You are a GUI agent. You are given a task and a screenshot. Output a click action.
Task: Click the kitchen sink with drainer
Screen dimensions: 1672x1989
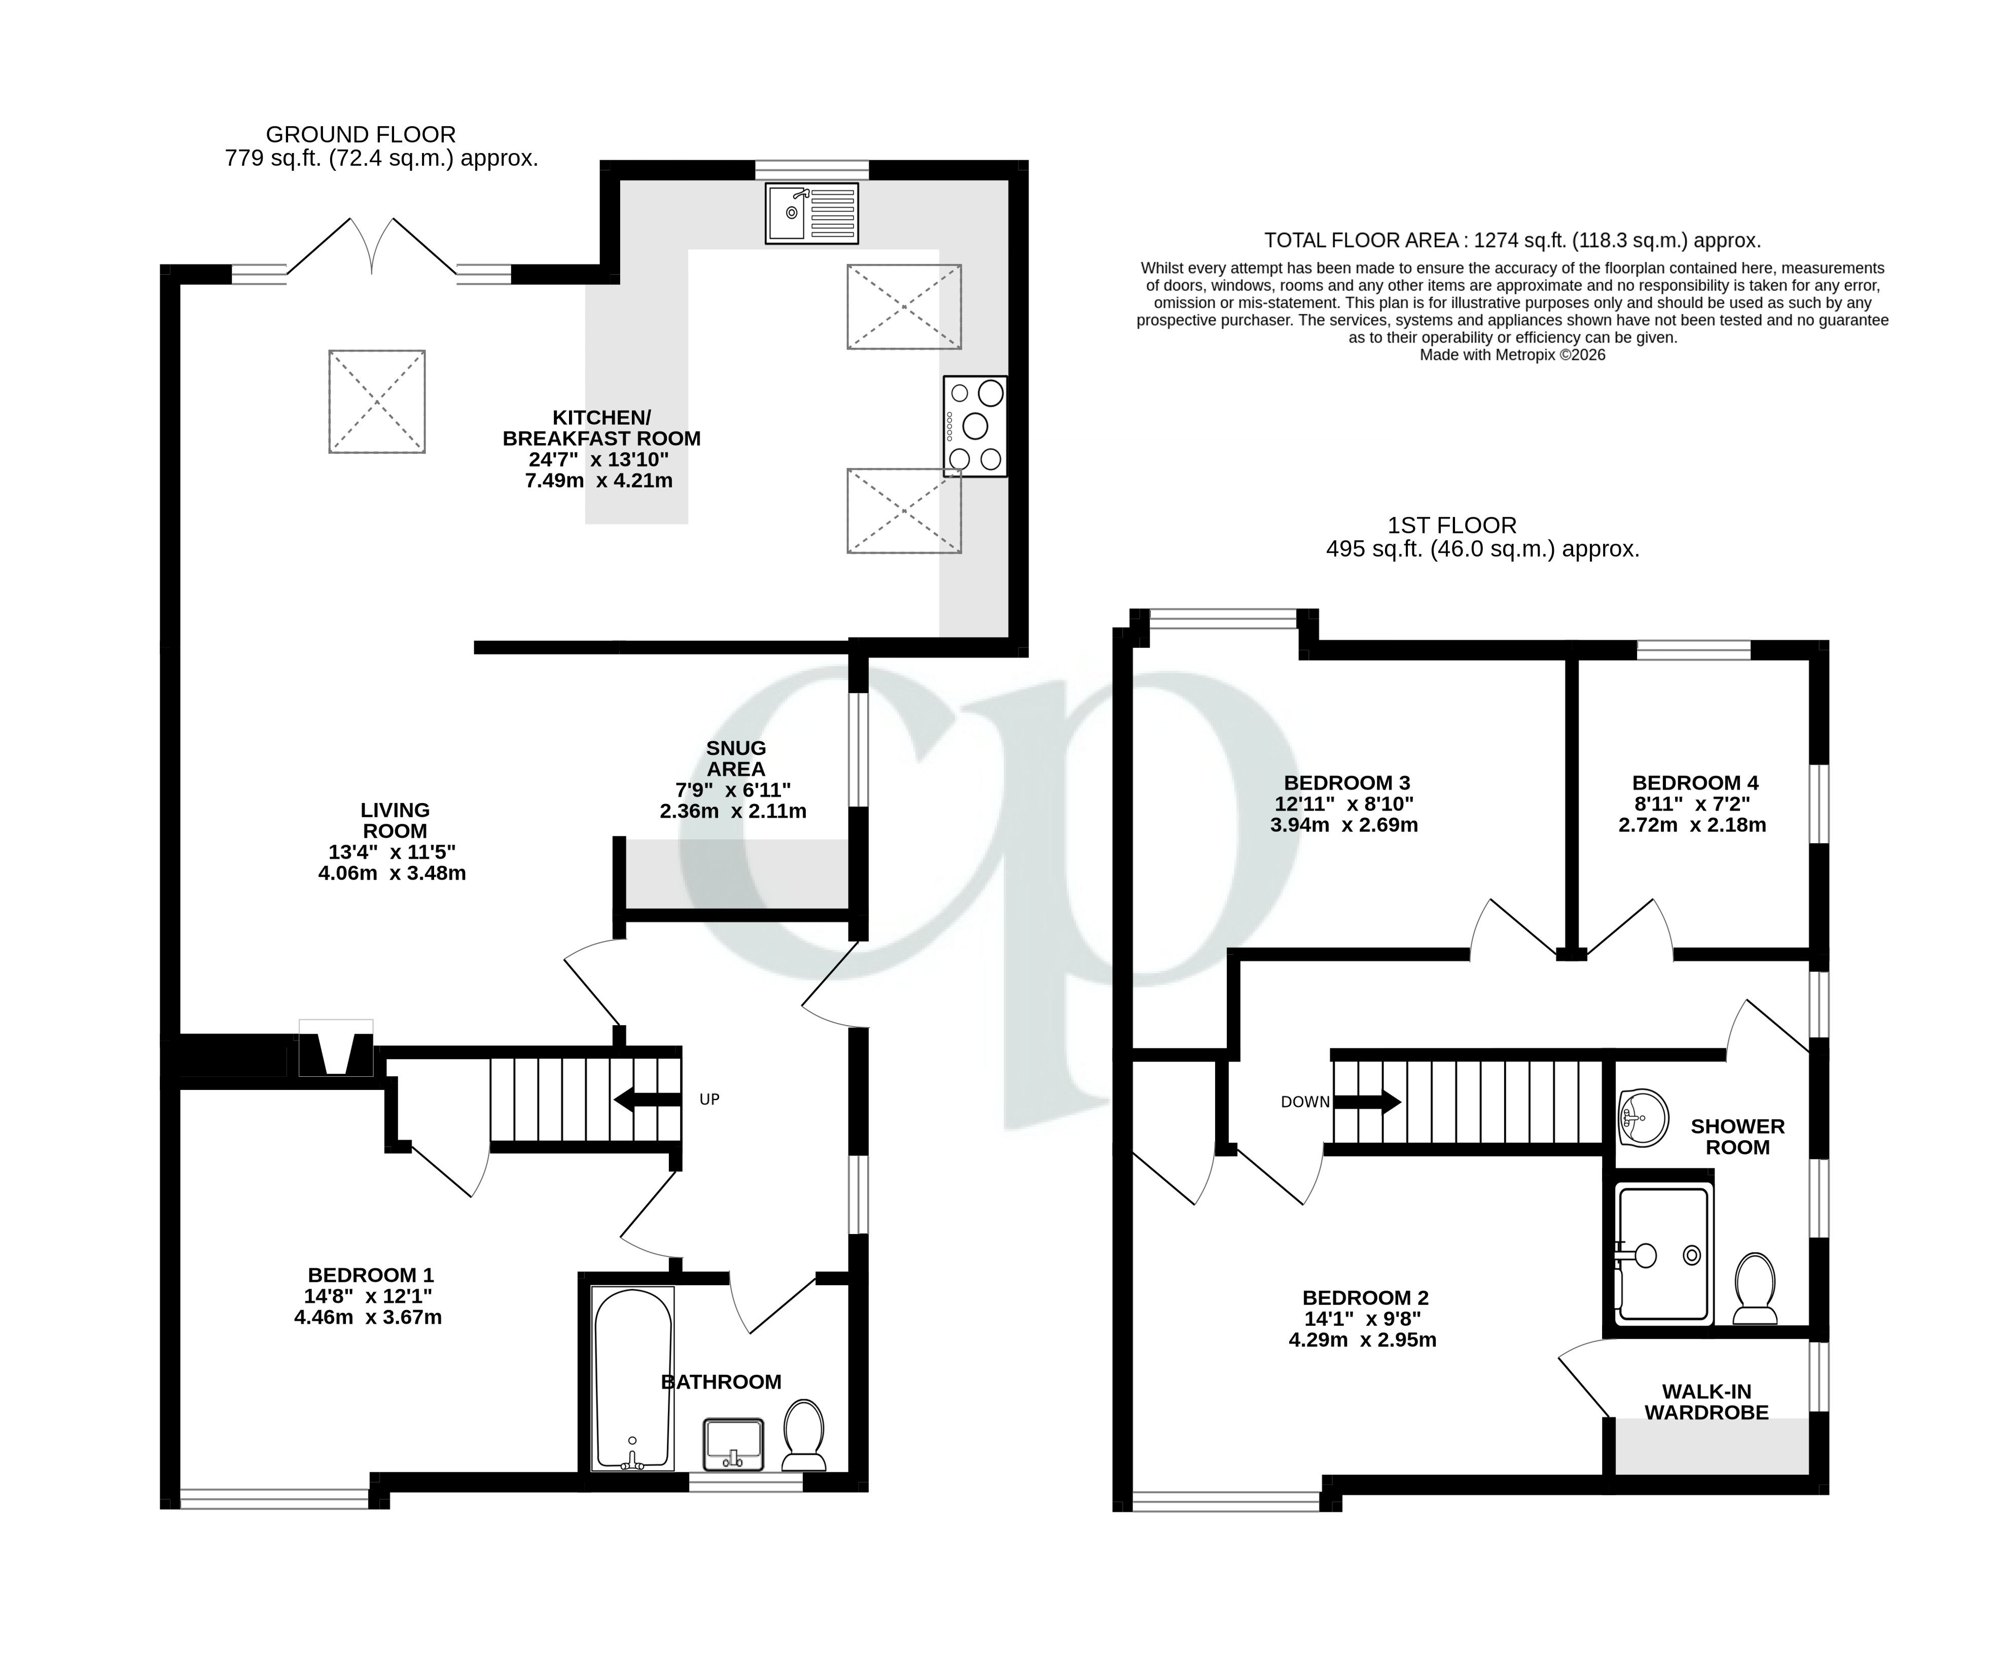(811, 213)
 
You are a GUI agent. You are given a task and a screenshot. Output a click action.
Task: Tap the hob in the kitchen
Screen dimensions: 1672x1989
(975, 426)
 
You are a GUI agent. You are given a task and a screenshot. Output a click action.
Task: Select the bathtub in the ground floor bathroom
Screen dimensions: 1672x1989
(632, 1377)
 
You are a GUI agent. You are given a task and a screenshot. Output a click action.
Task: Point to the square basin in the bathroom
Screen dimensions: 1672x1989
(733, 1443)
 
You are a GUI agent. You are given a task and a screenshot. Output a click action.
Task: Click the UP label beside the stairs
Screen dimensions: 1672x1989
(709, 1100)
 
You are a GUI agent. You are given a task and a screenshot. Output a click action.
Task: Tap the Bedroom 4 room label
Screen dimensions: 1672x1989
(1694, 783)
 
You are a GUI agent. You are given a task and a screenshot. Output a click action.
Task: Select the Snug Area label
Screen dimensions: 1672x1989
(736, 758)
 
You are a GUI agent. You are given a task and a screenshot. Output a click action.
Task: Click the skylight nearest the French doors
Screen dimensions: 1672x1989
(376, 402)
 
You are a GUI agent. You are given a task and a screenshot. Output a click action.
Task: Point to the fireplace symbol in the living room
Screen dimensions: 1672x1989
(336, 1048)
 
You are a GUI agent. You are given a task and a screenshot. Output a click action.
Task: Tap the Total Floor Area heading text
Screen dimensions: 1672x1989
(1512, 241)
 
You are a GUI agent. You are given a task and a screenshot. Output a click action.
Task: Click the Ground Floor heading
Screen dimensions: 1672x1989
(360, 134)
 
